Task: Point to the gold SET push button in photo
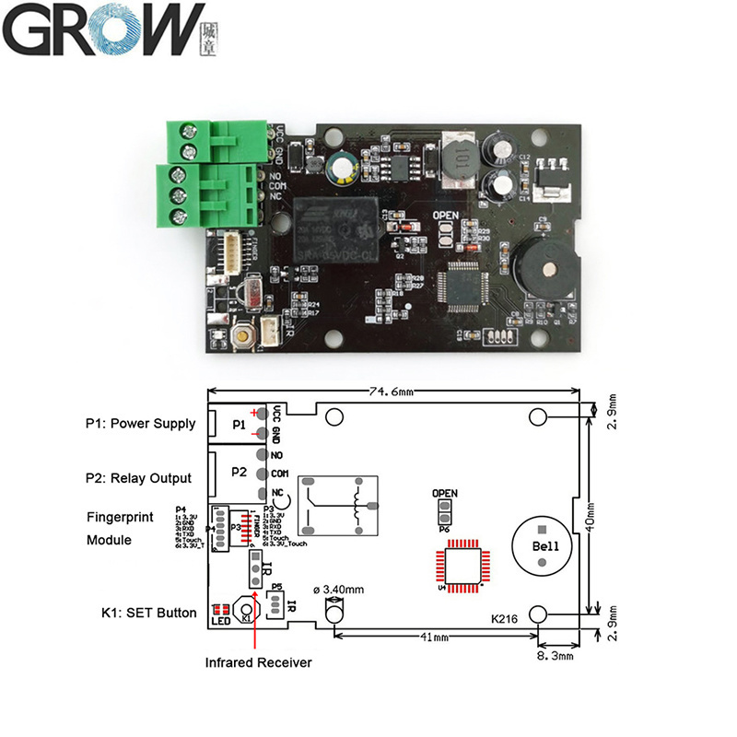tap(243, 336)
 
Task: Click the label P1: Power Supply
tap(140, 424)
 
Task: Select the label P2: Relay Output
tap(139, 477)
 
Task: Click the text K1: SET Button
tap(148, 613)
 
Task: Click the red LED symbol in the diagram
tap(220, 609)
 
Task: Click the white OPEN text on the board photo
tap(445, 216)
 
